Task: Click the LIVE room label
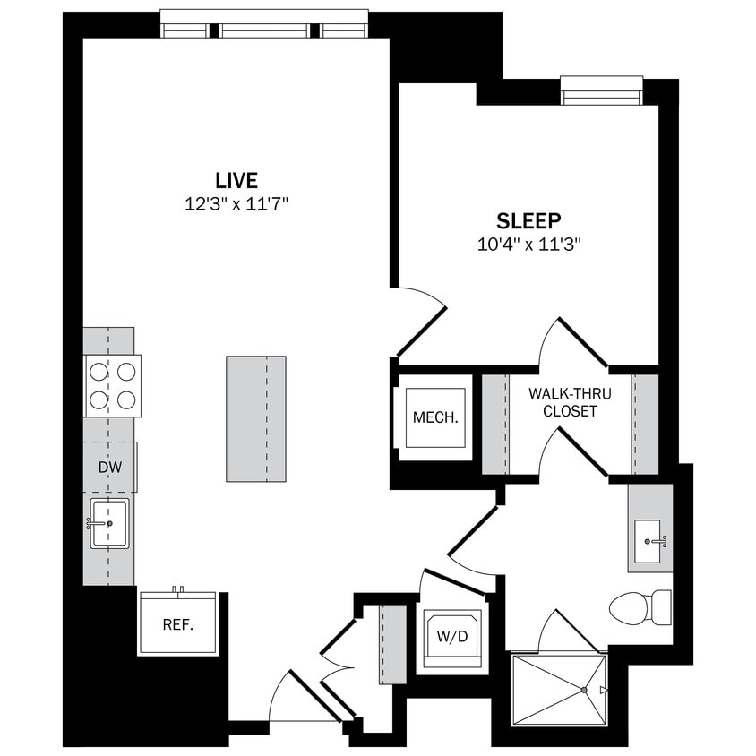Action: coord(236,179)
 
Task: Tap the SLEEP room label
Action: coord(528,220)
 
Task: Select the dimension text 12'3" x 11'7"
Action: coord(236,204)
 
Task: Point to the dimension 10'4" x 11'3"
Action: coord(528,244)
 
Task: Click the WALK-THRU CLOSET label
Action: coord(563,402)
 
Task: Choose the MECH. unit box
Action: coord(435,417)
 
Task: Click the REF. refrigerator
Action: coord(178,623)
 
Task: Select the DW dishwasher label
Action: coord(110,467)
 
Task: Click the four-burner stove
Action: coord(113,385)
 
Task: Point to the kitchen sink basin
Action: coord(109,523)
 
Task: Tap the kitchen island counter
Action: coord(256,418)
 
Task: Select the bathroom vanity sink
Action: coord(649,540)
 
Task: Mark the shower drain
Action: coord(584,690)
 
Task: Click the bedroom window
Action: coord(601,90)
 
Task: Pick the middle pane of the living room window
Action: coord(265,29)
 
